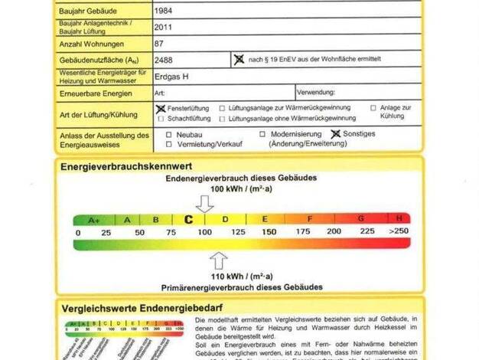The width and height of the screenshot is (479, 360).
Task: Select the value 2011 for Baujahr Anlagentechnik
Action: click(162, 28)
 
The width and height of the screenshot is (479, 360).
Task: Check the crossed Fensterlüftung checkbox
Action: click(160, 109)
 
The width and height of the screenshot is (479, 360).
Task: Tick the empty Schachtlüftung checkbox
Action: click(160, 119)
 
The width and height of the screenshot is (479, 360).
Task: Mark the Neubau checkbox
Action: click(169, 133)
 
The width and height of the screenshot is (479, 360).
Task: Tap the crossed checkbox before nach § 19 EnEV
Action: click(239, 59)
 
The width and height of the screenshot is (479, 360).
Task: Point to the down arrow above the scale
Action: click(204, 204)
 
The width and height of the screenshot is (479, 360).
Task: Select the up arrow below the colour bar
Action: click(218, 258)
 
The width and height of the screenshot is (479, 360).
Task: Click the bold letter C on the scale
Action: click(188, 219)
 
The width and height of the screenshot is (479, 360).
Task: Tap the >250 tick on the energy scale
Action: click(398, 231)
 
